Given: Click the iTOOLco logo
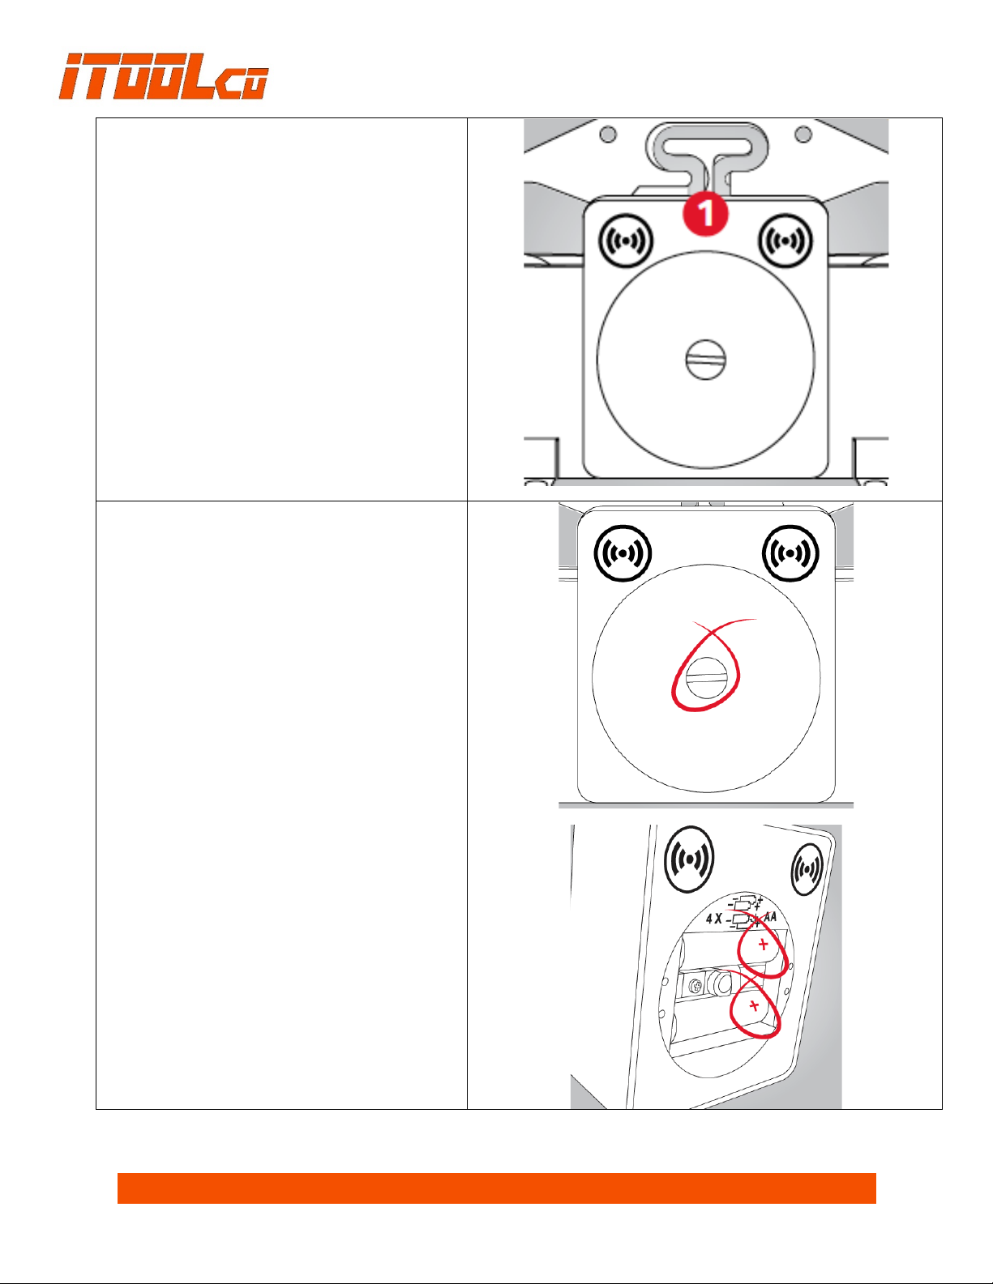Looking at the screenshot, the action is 163,76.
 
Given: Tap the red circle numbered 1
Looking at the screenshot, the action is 706,213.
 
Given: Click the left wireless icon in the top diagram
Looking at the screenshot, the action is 626,241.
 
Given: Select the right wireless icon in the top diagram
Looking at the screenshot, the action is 785,241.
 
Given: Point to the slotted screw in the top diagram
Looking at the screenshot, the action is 706,359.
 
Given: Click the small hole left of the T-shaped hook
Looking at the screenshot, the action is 608,134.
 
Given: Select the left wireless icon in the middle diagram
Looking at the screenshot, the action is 623,553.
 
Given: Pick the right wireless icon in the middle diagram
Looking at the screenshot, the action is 790,553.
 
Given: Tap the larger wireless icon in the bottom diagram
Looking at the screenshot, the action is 689,859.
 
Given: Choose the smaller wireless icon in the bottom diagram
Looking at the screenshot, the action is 807,869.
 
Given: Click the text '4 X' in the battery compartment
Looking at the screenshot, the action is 714,919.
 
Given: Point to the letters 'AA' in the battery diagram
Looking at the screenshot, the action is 769,918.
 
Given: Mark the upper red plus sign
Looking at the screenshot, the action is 763,945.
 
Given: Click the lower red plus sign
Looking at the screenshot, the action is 754,1005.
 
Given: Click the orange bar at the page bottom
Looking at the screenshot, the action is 496,1188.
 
